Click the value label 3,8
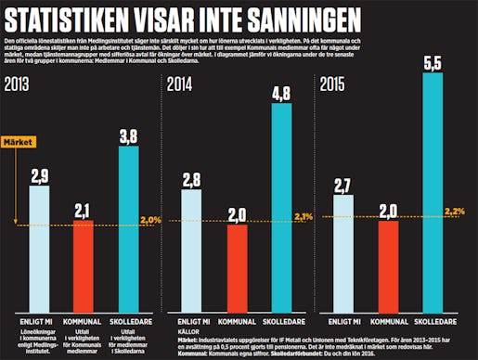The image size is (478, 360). [x=129, y=135]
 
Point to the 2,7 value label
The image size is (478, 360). [x=343, y=185]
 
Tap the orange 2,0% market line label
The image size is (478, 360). [x=150, y=219]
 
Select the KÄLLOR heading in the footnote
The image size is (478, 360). [x=188, y=330]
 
